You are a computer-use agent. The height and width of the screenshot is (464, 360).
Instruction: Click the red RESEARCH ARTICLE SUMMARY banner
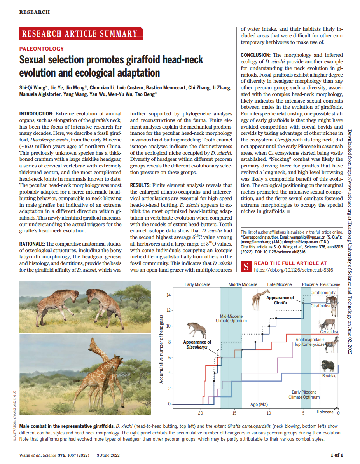tap(80, 34)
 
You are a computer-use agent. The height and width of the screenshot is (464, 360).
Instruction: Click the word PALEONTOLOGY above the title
tap(42, 49)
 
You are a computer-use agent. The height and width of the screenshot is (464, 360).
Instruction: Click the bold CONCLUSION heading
tap(255, 55)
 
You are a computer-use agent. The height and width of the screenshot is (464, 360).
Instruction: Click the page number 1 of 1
tap(336, 455)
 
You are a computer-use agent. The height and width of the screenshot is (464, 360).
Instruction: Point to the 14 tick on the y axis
tap(169, 295)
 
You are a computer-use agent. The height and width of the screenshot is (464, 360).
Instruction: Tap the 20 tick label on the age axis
tap(201, 412)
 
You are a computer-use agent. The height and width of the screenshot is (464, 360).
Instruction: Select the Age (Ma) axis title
tap(259, 405)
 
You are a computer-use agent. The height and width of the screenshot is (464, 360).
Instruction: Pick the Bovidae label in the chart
tap(329, 376)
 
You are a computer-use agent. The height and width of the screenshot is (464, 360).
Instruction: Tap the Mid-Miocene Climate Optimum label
tap(231, 319)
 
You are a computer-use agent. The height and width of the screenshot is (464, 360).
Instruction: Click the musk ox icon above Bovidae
tap(327, 366)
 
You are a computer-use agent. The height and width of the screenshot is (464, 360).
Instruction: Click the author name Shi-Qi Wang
tap(33, 87)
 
